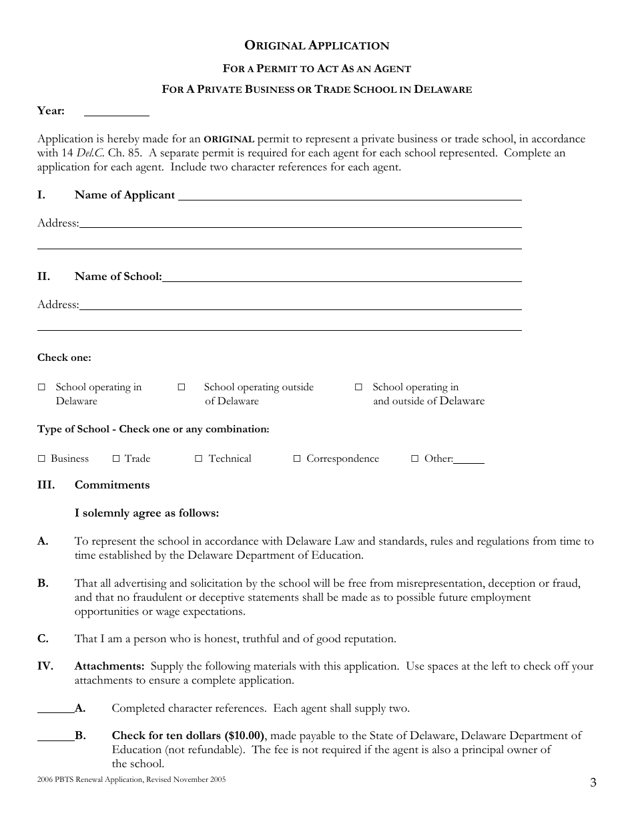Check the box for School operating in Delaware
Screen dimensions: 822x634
click(41, 387)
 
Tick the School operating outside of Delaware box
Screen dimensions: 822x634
click(182, 387)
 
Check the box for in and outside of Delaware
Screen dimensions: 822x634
click(358, 387)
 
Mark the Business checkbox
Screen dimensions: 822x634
click(41, 458)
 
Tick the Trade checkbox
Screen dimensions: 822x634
click(115, 458)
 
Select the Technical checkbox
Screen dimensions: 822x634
click(198, 458)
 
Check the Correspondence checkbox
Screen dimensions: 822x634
click(297, 458)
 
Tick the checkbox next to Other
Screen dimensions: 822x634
click(414, 458)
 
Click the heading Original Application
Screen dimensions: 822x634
click(317, 45)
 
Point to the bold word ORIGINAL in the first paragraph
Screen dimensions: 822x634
click(229, 140)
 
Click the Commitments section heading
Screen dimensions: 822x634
click(112, 485)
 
